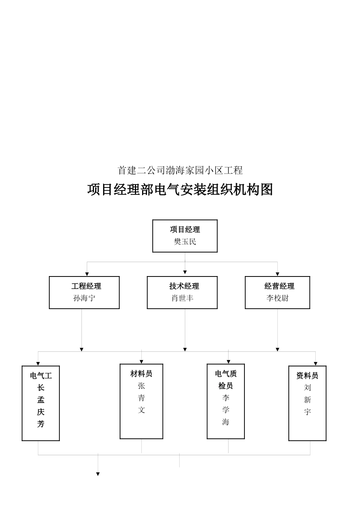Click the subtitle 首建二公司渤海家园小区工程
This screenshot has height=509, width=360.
pos(180,170)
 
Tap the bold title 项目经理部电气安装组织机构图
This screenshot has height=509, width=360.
pos(180,189)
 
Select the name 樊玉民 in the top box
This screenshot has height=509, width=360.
pos(185,242)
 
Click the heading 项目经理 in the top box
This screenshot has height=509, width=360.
pos(185,230)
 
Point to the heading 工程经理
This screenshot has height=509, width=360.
pos(86,286)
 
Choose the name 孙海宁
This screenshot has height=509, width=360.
pos(84,298)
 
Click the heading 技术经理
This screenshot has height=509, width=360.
pos(184,286)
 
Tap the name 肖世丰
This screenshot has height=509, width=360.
pos(182,298)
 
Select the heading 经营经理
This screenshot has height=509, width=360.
pos(279,286)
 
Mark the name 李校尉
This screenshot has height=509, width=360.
pos(277,298)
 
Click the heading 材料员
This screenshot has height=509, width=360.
pos(141,374)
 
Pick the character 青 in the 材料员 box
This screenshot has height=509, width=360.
pos(141,398)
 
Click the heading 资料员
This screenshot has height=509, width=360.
pos(307,376)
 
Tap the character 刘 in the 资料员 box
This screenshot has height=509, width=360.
pos(307,387)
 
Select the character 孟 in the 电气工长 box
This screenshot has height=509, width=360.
pos(41,400)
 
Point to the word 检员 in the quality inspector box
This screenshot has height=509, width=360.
pos(225,386)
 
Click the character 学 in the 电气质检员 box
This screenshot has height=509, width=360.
pos(226,410)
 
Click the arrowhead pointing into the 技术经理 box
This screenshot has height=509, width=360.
pos(185,272)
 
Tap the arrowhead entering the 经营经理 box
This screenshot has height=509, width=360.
pos(277,274)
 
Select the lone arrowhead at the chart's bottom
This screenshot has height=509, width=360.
pos(98,474)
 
